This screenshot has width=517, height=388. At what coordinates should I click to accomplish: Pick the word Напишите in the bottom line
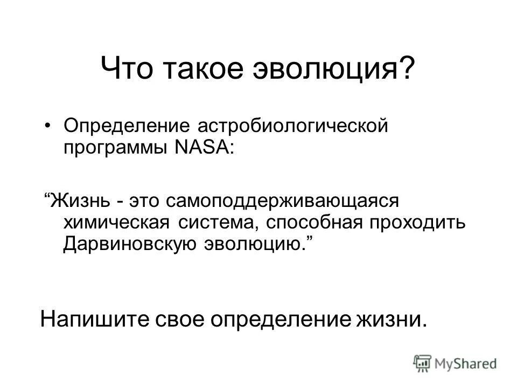coord(95,320)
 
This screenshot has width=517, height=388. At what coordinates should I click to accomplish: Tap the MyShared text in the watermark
coord(466,363)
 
